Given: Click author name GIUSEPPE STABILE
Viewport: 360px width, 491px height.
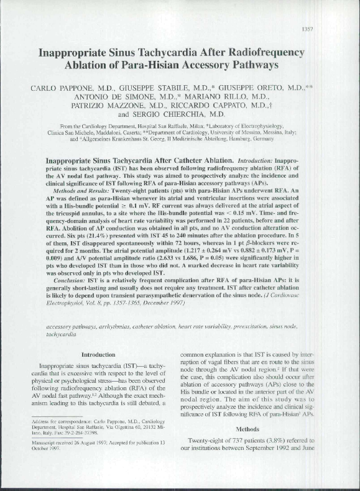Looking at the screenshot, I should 159,90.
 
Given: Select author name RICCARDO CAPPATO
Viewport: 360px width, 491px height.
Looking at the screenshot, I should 234,106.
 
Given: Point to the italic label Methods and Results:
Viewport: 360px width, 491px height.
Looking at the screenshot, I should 81,193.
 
